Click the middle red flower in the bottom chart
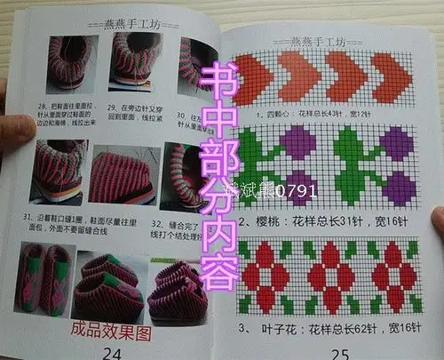pyautogui.click(x=336, y=267)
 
